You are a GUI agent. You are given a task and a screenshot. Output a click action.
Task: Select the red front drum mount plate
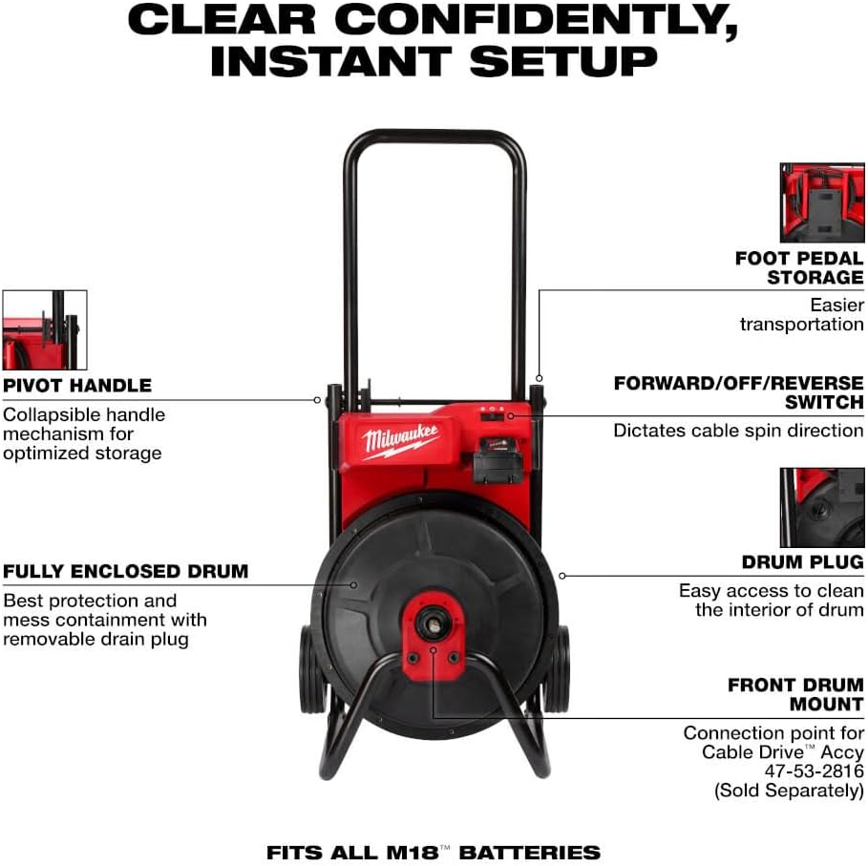[x=434, y=637]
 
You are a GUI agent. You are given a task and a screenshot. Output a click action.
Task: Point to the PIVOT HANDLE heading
[x=77, y=385]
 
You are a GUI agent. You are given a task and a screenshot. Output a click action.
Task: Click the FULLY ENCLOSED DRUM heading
[x=126, y=571]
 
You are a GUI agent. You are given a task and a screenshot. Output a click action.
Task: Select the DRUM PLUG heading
[x=803, y=561]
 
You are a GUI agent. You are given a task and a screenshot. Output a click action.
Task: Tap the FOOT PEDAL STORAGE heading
[x=799, y=267]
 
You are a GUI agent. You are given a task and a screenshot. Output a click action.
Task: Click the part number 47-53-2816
[x=814, y=771]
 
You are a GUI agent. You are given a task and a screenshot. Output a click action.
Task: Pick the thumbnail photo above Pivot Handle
[x=45, y=329]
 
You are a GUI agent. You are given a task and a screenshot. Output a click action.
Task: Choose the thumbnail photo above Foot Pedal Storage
[x=822, y=202]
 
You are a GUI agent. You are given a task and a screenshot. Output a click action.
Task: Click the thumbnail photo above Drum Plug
[x=822, y=507]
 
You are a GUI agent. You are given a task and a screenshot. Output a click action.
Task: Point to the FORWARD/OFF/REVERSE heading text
[x=738, y=383]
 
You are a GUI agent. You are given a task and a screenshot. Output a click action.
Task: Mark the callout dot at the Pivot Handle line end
[x=317, y=399]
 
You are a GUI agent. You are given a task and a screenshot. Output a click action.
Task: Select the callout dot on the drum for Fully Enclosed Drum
[x=353, y=585]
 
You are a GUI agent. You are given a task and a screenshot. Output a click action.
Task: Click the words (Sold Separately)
[x=789, y=790]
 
